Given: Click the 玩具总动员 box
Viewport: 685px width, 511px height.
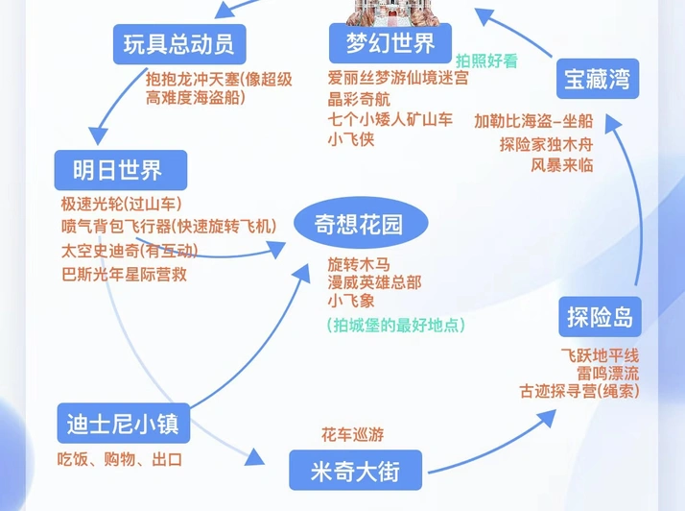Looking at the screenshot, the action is coord(179,44).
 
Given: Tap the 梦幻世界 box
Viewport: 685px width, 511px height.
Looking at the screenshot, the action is coord(390,43).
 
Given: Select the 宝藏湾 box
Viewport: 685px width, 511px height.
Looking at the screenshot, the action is coord(598,79).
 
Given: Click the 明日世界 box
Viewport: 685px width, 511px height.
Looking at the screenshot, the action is coord(121,170).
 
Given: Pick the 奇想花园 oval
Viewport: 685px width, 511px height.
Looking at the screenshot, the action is coord(361,223).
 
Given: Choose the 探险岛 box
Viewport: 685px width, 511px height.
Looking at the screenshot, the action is coord(600,317).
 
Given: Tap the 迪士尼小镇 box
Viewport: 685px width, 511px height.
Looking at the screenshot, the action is coord(124,423).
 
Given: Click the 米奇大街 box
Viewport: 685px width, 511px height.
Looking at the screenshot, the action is coord(356,471).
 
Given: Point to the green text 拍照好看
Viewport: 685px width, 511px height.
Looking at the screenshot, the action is coord(486,61).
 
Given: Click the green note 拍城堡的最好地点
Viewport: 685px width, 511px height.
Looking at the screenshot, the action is coord(396,325).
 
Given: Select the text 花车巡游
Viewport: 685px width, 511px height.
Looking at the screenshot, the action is coord(352,434).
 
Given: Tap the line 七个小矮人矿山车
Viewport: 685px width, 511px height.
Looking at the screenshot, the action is coord(390,119).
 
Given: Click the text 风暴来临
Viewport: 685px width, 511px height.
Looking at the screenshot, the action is coord(562,165).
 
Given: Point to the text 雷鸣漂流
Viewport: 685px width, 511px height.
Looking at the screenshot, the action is coord(607,374).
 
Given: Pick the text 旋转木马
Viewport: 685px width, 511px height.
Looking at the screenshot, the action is coord(359,265).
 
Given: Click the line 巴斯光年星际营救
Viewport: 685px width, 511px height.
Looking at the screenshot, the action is coord(124,275).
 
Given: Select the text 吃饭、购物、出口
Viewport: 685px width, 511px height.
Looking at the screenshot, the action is coord(120,459).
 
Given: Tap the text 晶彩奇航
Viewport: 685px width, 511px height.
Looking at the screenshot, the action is coord(359,99).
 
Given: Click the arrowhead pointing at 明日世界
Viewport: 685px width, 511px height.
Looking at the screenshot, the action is coord(98,135).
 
